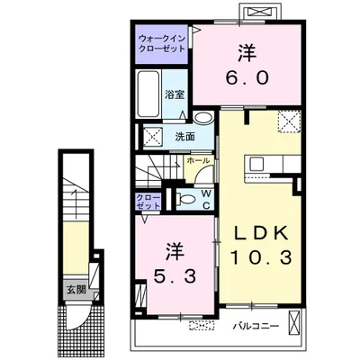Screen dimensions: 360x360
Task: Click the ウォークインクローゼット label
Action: (x=162, y=44)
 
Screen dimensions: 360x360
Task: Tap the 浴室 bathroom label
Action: (x=175, y=94)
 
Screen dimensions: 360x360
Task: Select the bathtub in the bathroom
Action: (x=148, y=94)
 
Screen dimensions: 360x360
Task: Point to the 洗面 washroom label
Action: (x=185, y=137)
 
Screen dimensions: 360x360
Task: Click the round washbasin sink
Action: (x=203, y=117)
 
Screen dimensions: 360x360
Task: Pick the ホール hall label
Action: (x=198, y=160)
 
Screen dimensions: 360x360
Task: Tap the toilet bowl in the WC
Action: (x=186, y=199)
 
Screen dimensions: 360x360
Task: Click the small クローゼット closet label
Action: (x=148, y=202)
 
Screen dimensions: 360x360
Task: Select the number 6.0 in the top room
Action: (x=247, y=78)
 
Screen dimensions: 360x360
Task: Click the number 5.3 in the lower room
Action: (x=175, y=276)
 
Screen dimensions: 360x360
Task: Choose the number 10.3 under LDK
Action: (x=261, y=257)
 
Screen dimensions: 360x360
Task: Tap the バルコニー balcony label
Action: (x=256, y=326)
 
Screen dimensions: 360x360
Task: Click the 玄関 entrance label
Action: (x=76, y=290)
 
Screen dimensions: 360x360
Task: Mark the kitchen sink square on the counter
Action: (x=257, y=165)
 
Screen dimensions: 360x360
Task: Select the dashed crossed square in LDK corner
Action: (x=289, y=121)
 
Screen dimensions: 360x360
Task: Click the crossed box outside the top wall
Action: (x=260, y=12)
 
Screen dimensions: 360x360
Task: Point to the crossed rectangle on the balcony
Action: (x=293, y=323)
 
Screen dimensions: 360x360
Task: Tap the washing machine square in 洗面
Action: (x=153, y=137)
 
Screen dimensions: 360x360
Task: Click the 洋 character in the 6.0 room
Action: (x=247, y=53)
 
